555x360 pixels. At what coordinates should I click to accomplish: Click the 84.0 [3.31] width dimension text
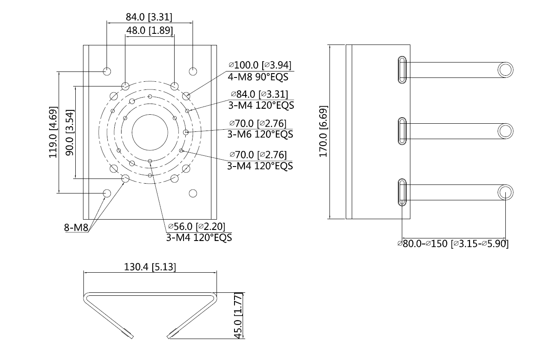[x=149, y=17]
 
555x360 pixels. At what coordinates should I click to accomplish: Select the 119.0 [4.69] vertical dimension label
[x=53, y=132]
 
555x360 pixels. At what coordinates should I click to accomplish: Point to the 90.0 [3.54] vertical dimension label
[x=69, y=132]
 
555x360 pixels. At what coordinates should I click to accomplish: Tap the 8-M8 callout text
[x=76, y=228]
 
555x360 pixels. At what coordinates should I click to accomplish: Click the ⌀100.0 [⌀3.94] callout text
[x=260, y=65]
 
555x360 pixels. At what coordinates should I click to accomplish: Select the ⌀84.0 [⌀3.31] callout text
[x=259, y=94]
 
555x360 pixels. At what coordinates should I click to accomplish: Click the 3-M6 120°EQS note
[x=260, y=134]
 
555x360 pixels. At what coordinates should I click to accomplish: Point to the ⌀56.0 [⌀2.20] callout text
[x=196, y=226]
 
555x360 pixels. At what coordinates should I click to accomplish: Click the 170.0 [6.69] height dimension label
[x=324, y=131]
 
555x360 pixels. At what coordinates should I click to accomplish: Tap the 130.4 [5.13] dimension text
[x=150, y=267]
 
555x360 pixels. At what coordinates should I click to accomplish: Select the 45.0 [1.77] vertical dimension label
[x=239, y=316]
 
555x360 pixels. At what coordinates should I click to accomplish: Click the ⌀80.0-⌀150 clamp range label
[x=453, y=244]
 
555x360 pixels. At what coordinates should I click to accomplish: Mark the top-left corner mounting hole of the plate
[x=107, y=71]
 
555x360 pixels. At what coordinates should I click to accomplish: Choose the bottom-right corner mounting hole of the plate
[x=193, y=193]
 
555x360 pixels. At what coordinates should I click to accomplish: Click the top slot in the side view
[x=402, y=69]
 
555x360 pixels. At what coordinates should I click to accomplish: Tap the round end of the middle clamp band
[x=505, y=131]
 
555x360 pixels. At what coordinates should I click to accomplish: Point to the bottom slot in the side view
[x=402, y=192]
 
